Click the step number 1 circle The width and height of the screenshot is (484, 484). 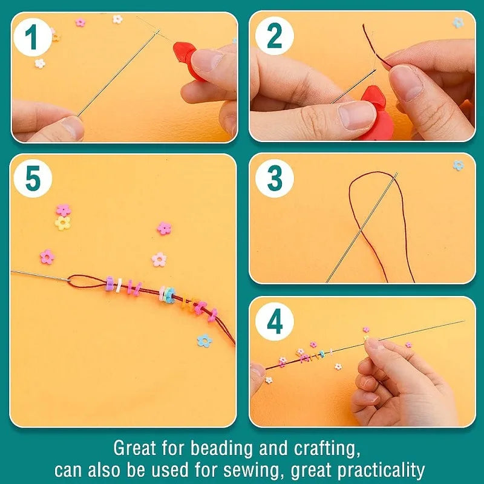click(33, 38)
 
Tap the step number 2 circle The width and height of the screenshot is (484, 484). click(275, 36)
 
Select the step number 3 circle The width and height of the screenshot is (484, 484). click(275, 178)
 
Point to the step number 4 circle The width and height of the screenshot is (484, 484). click(275, 322)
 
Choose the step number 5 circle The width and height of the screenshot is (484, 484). click(33, 178)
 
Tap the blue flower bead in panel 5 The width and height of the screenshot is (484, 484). click(204, 341)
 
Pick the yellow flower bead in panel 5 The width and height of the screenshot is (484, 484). click(63, 223)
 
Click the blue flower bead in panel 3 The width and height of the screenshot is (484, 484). click(459, 165)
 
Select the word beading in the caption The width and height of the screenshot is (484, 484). click(222, 448)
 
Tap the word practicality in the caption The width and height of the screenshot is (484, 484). click(381, 471)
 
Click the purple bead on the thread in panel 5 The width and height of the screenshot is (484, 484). click(110, 284)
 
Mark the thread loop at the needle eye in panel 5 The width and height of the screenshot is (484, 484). click(86, 281)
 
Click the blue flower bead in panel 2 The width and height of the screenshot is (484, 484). click(458, 22)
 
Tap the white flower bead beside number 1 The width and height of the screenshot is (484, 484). click(40, 64)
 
